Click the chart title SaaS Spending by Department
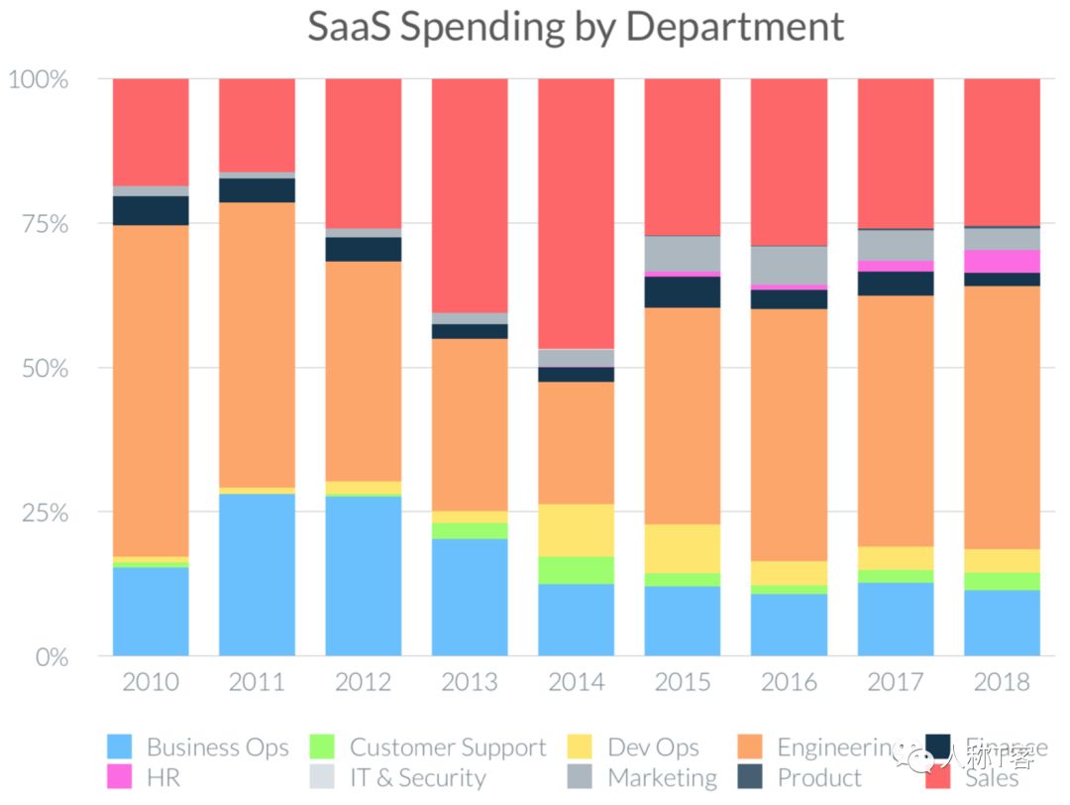coord(576,27)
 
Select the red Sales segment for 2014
coord(576,213)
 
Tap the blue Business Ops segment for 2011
coord(257,574)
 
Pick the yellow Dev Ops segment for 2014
coord(576,529)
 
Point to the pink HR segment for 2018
coord(1002,261)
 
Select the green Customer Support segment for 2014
coord(576,570)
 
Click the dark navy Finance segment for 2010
coord(151,210)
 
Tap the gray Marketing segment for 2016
coord(789,265)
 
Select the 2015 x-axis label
coord(682,682)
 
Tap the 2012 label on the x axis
coord(363,682)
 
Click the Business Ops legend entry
coord(198,747)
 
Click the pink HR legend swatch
coord(119,778)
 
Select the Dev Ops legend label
coord(653,747)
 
